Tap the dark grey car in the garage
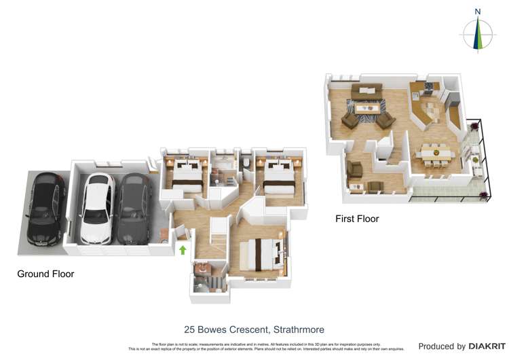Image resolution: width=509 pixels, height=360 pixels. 133,208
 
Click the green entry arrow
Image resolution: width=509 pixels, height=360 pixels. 182,250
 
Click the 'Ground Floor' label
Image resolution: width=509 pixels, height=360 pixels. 45,274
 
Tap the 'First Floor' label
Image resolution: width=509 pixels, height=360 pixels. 357,219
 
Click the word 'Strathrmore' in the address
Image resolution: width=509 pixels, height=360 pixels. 294,329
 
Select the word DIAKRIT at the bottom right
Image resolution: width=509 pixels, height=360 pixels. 487,346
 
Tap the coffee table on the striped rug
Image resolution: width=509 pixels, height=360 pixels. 366,107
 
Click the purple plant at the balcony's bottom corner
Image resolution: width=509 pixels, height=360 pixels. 483,196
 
